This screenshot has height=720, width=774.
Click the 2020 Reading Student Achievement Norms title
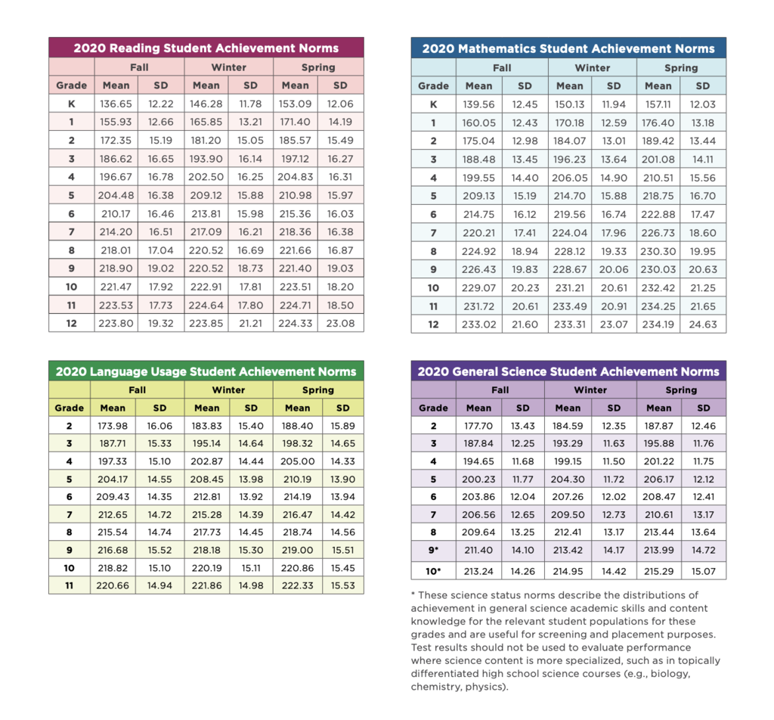tap(206, 48)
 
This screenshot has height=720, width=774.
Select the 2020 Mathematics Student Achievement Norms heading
tap(568, 49)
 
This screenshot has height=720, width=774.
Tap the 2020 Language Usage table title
tap(206, 371)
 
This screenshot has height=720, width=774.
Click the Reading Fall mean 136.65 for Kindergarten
tap(116, 104)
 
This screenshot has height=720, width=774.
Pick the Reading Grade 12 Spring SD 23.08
tap(340, 323)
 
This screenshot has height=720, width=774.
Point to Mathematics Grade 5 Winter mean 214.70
tap(569, 195)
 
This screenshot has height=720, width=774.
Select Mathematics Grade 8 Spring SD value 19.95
tap(703, 250)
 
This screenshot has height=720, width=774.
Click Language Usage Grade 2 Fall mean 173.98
tap(113, 426)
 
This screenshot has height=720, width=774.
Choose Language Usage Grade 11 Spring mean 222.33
tap(297, 585)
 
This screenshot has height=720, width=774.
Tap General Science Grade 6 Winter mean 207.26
tap(568, 497)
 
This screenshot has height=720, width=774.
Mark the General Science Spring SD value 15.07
tap(703, 570)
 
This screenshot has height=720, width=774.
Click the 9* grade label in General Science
tap(433, 552)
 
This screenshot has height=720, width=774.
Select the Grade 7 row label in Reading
tap(71, 231)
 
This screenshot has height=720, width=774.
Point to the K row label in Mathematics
tap(433, 104)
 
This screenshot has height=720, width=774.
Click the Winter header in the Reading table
tap(228, 67)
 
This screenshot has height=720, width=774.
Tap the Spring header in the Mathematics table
tap(681, 67)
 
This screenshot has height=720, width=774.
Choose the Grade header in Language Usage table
tap(70, 408)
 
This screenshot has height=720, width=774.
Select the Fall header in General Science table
tap(500, 390)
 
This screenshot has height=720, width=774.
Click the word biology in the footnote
tap(670, 674)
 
